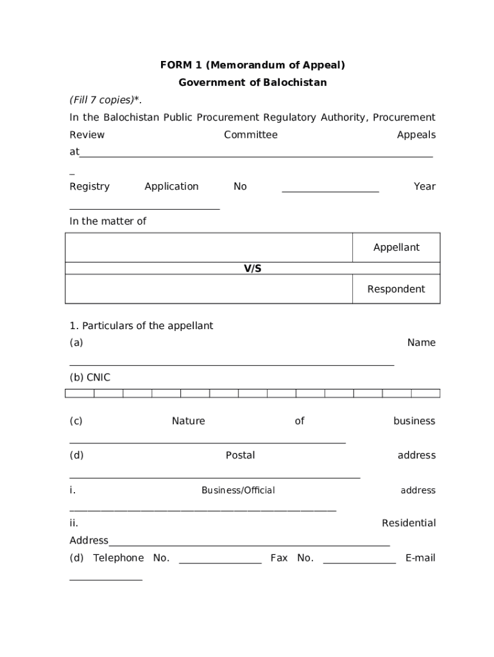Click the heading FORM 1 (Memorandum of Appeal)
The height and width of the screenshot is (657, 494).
pos(252,65)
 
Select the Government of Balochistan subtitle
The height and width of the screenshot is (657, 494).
pos(252,82)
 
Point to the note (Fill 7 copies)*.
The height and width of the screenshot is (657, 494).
pos(106,99)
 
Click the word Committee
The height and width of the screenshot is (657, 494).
pos(250,135)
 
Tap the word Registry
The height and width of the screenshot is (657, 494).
pos(89,186)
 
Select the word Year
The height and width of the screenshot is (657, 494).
pos(424,186)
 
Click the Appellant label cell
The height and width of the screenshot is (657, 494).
pos(396,247)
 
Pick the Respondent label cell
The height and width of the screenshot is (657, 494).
pos(396,289)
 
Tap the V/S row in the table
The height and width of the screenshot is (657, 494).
pos(252,269)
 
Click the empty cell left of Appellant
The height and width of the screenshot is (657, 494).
pos(209,247)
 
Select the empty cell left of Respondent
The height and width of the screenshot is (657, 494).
pos(209,289)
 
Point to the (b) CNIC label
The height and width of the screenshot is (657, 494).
pos(90,377)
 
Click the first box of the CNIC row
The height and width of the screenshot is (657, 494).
pos(80,393)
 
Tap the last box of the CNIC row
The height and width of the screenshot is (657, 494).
pos(425,393)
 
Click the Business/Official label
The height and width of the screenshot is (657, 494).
pos(238,490)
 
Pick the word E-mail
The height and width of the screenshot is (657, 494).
pos(420,558)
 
